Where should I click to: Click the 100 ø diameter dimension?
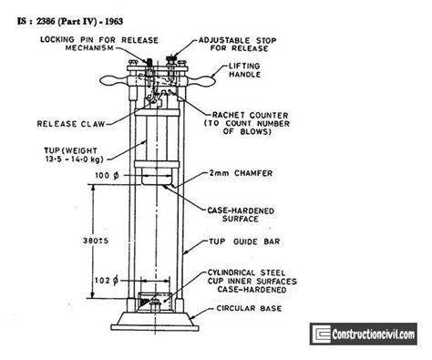point(104,173)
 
